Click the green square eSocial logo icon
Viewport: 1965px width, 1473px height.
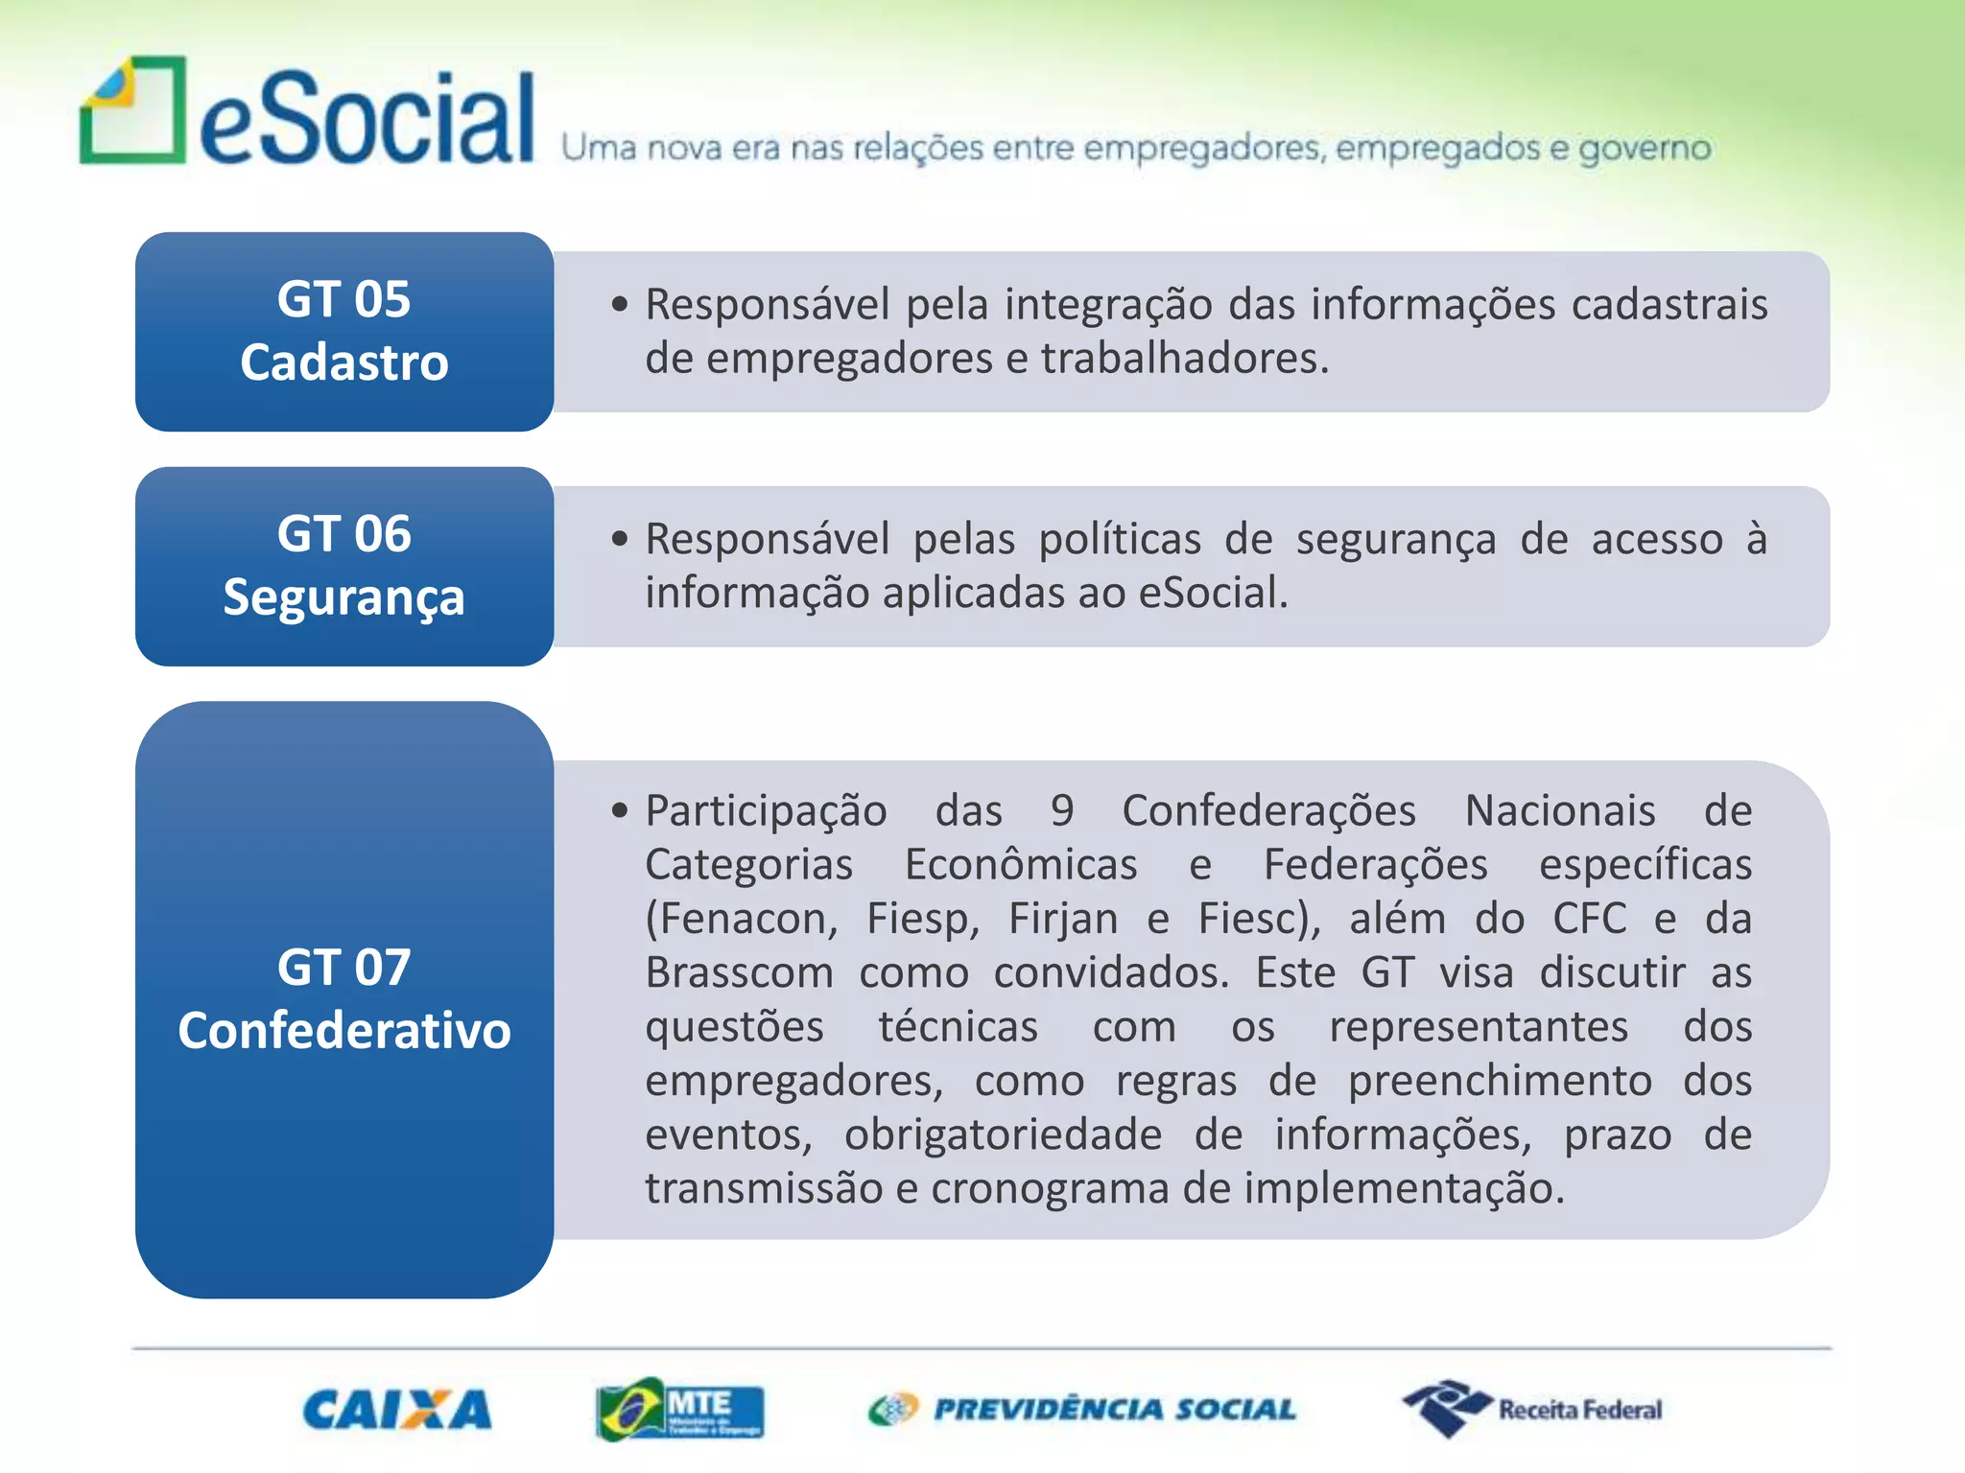tap(132, 111)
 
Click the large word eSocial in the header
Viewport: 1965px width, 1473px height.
tap(367, 119)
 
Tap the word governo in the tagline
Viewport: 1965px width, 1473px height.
tap(1645, 149)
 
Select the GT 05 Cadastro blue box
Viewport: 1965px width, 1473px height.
tap(344, 332)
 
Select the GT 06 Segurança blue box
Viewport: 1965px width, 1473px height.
tap(344, 566)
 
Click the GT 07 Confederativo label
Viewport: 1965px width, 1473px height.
tap(344, 999)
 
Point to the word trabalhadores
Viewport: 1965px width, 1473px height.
tap(1183, 359)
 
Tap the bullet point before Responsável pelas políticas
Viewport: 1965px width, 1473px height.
tap(620, 539)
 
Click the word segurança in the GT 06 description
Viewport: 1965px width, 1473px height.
tap(1395, 540)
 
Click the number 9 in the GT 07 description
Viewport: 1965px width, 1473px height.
tap(1061, 811)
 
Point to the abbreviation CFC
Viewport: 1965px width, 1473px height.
tap(1589, 919)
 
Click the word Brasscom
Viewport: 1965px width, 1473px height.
tap(739, 973)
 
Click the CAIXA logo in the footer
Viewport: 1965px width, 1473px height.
tap(396, 1410)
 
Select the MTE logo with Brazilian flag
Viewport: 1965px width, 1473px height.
tap(679, 1410)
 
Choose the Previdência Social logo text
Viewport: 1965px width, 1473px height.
tap(1113, 1410)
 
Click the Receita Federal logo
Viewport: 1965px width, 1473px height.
tap(1532, 1409)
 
